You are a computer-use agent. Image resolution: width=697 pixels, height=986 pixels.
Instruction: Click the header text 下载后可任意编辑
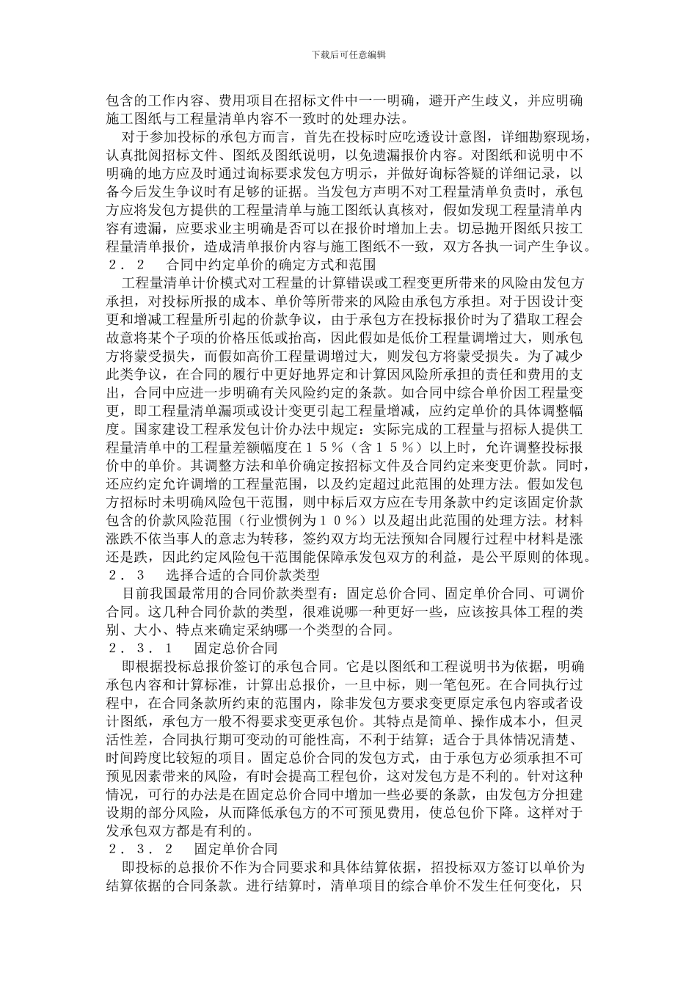pos(348,54)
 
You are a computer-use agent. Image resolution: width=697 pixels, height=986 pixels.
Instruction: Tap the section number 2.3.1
pos(139,648)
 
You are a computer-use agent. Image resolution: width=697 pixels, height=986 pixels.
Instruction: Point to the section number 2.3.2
pos(139,849)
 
